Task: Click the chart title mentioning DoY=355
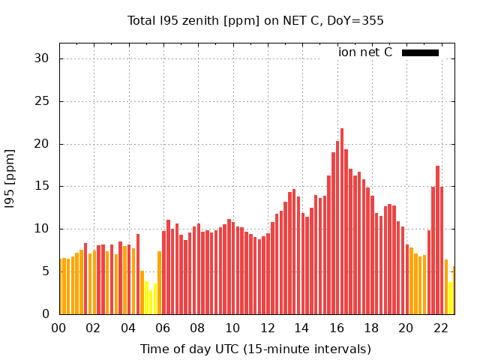pos(255,21)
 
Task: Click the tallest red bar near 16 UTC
pos(341,221)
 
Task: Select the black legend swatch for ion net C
pos(420,52)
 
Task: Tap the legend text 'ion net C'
pos(364,52)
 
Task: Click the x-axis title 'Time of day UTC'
pos(255,349)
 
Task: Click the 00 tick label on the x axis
pos(58,328)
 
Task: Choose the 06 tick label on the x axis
pos(163,328)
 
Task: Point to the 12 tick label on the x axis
pos(267,328)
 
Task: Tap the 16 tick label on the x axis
pos(337,328)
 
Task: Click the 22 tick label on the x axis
pos(441,328)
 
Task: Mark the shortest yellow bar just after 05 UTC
pos(151,302)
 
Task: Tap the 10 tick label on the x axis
pos(232,328)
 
